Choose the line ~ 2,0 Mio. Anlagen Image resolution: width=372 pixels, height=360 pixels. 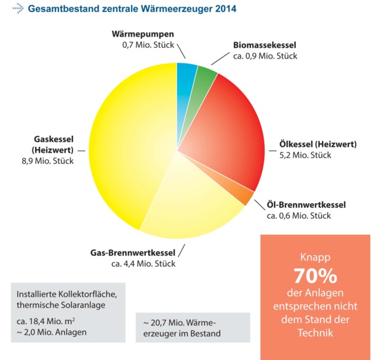pos(51,332)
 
